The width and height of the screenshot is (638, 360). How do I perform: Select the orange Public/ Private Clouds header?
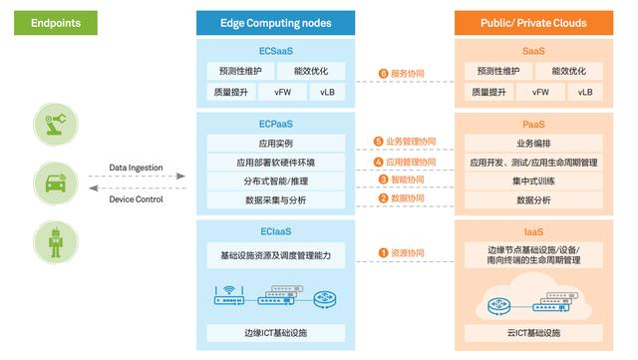[x=532, y=22]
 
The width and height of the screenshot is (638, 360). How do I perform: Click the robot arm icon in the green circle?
[x=51, y=124]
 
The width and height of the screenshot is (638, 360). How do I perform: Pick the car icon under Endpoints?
[x=51, y=182]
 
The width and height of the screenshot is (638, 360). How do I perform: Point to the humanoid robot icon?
[x=51, y=240]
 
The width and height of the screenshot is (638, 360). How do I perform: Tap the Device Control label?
[x=137, y=199]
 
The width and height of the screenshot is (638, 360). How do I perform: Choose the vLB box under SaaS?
[x=583, y=92]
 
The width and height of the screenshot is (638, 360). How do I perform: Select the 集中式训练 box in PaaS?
[x=532, y=180]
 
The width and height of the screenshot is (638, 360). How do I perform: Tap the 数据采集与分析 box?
[x=275, y=199]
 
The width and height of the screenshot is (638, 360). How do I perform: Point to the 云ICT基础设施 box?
[x=532, y=332]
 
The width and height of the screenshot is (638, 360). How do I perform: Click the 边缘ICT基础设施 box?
[x=275, y=332]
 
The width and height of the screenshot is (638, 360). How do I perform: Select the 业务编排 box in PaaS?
[x=532, y=143]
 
